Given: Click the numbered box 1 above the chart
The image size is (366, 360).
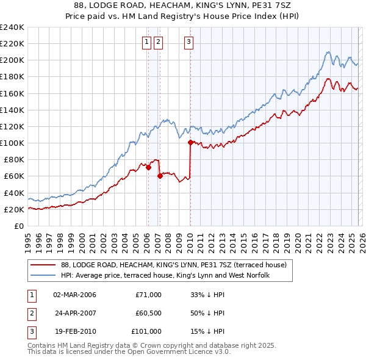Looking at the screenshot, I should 148,42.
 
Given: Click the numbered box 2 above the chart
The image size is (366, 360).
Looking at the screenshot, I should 159,42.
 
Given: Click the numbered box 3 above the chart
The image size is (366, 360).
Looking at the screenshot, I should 189,42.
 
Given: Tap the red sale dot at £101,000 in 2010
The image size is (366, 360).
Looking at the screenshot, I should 190,142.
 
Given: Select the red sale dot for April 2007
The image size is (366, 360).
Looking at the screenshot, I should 160,176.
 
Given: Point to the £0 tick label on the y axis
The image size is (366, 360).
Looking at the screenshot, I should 19,226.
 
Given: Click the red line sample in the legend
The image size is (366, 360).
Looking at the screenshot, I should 43,265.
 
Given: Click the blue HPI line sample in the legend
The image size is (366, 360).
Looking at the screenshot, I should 43,276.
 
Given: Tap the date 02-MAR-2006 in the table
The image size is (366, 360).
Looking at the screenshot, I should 74,295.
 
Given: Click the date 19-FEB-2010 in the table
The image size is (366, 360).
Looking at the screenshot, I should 74,331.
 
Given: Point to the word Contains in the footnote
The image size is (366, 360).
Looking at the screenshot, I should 42,345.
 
